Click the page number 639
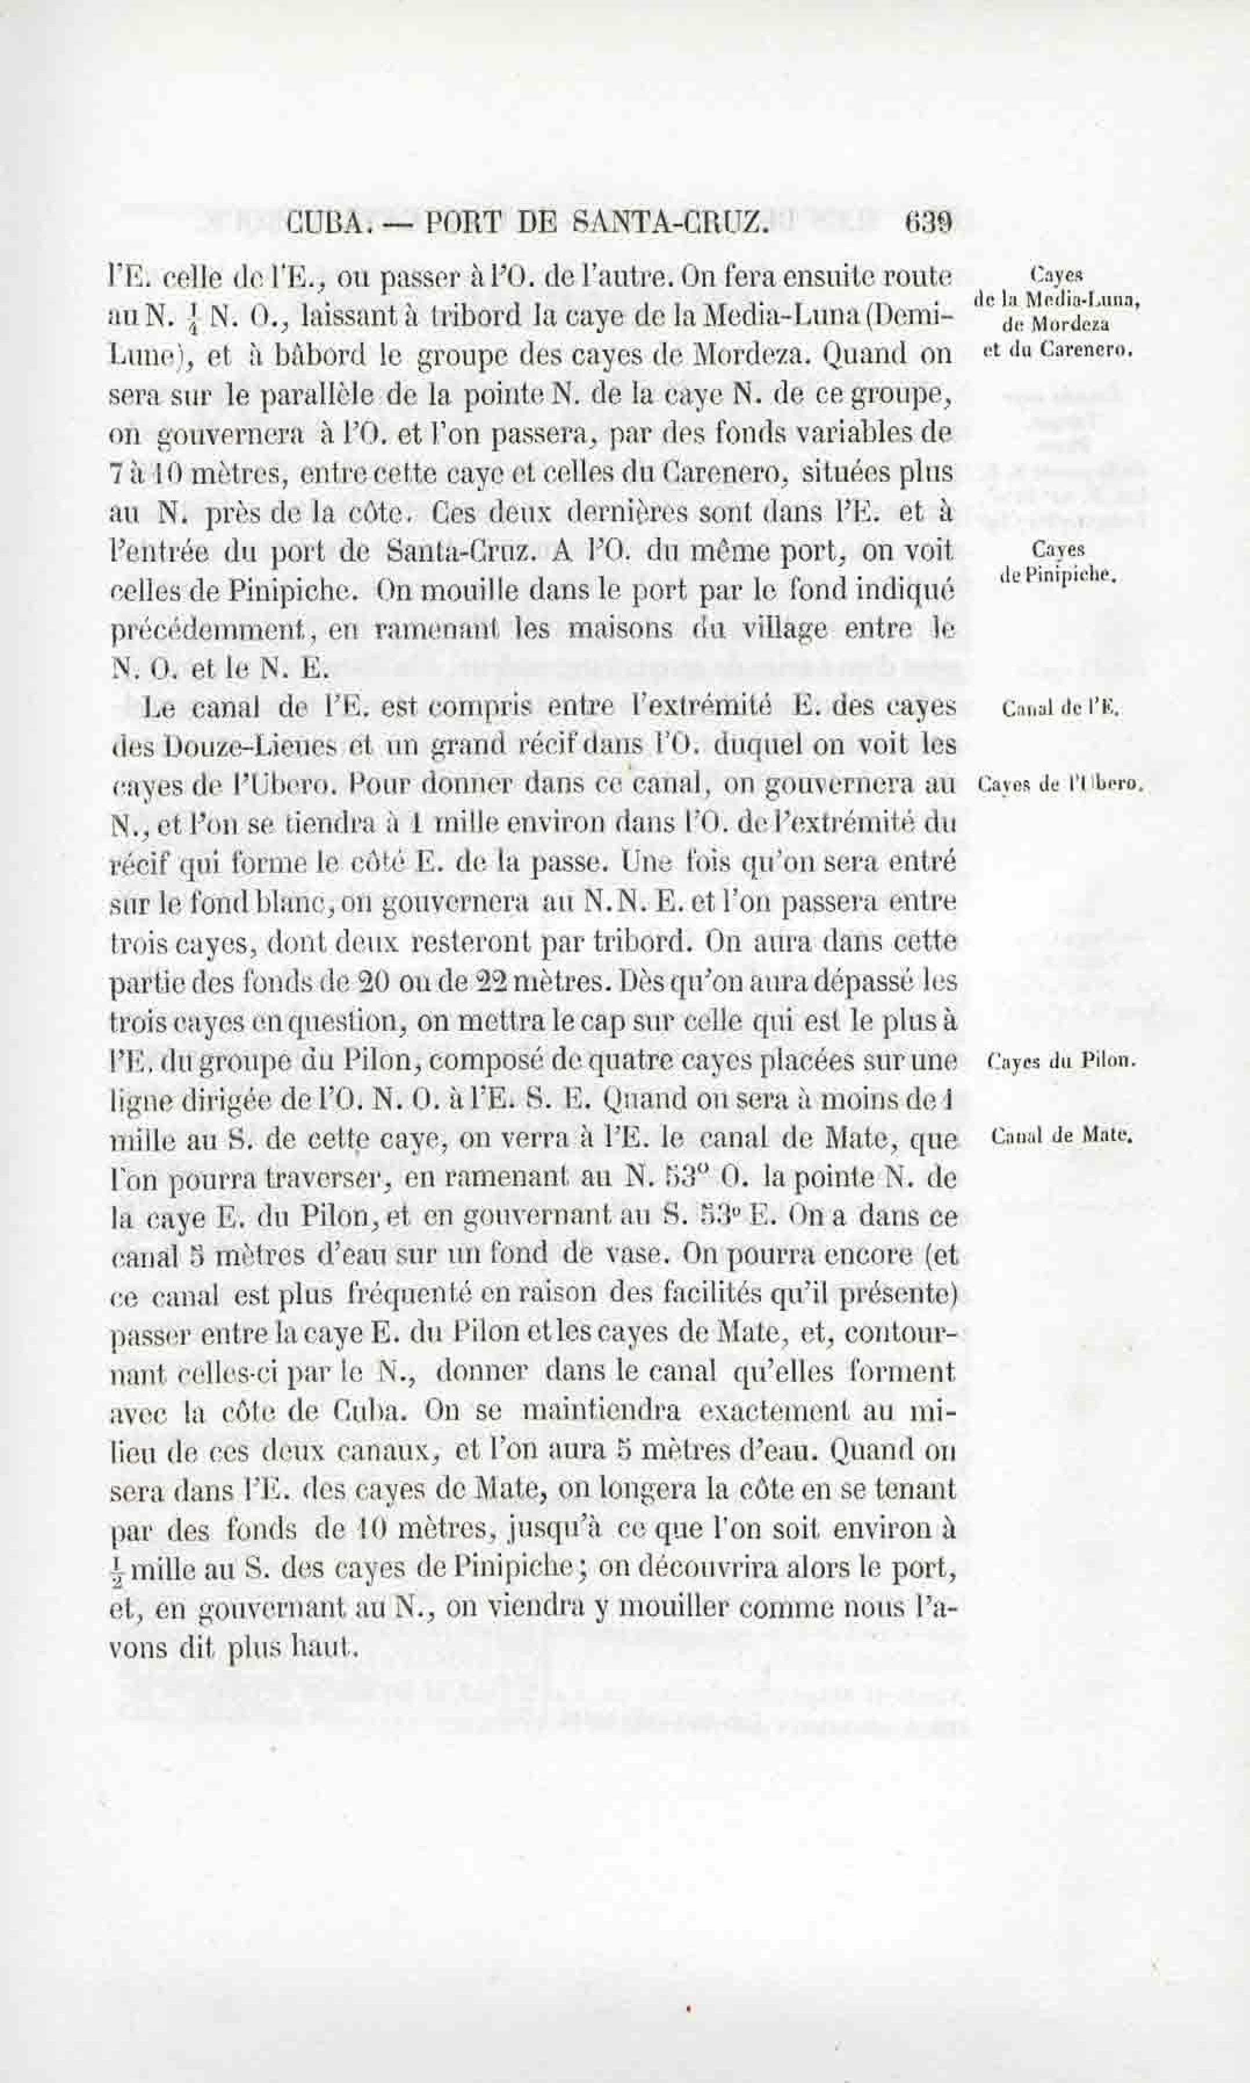tap(927, 222)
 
